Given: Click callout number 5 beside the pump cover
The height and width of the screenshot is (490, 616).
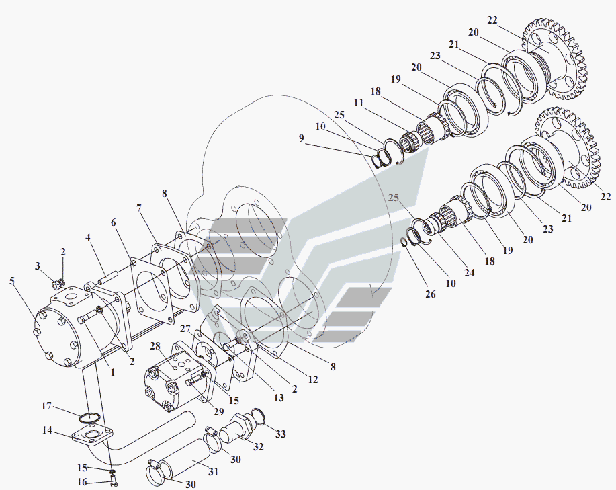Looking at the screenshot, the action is pyautogui.click(x=12, y=280).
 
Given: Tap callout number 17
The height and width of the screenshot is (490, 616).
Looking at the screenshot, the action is pyautogui.click(x=46, y=405).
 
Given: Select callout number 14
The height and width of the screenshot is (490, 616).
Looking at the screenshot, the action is pyautogui.click(x=47, y=430).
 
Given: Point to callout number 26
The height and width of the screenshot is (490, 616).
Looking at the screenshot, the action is pyautogui.click(x=431, y=294).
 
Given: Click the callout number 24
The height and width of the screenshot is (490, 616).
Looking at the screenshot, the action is pyautogui.click(x=470, y=272).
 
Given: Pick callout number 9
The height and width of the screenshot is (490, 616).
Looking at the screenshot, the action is pyautogui.click(x=302, y=138).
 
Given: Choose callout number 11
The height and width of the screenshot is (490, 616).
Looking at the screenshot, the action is pyautogui.click(x=358, y=103).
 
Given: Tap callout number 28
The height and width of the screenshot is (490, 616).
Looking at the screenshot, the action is pyautogui.click(x=155, y=345).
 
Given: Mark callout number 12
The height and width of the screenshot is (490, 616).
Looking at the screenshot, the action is pyautogui.click(x=313, y=380).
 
